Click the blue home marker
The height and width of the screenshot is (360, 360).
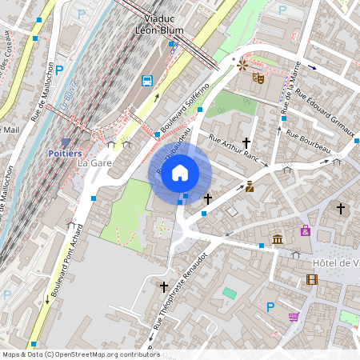coord(180,173)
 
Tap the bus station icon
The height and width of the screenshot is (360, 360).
coord(148,80)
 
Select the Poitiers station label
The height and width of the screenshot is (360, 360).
coord(65,154)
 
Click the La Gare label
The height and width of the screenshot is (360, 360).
coord(94,163)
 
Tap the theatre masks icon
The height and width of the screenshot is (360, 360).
coord(258,78)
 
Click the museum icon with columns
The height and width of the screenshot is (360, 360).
coord(278,240)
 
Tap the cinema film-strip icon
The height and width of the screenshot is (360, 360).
coord(312,279)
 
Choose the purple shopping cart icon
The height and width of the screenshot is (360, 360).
coord(294,317)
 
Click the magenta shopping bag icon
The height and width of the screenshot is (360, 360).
coord(305,231)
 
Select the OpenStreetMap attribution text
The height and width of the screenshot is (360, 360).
coord(80,354)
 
